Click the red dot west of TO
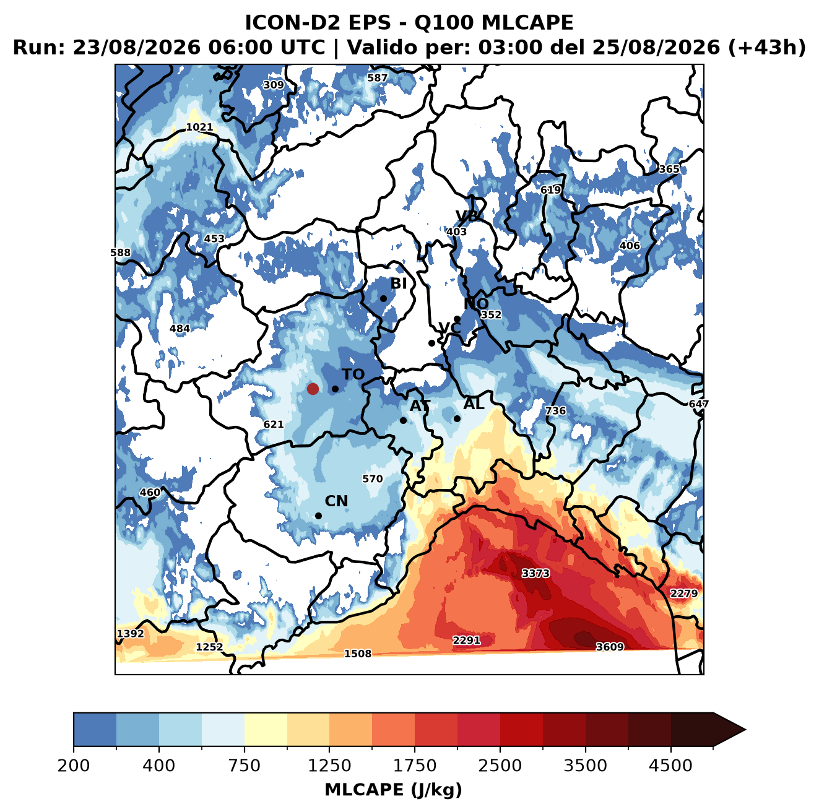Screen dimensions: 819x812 pyautogui.click(x=313, y=389)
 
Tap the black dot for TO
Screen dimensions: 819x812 pyautogui.click(x=335, y=389)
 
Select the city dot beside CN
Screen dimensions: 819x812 pyautogui.click(x=318, y=516)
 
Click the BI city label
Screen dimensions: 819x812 pyautogui.click(x=399, y=283)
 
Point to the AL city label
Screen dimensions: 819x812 pyautogui.click(x=474, y=404)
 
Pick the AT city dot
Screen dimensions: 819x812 pyautogui.click(x=403, y=420)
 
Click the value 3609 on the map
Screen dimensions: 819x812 pyautogui.click(x=610, y=647)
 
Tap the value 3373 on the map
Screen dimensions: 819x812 pyautogui.click(x=535, y=574)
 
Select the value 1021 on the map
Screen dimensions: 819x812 pyautogui.click(x=200, y=127)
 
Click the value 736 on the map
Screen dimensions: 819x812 pyautogui.click(x=555, y=410)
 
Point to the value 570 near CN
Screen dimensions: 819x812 pyautogui.click(x=372, y=479)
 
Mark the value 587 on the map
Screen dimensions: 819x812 pyautogui.click(x=378, y=78)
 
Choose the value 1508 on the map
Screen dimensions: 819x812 pyautogui.click(x=357, y=654)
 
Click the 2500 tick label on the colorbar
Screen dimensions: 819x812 pyautogui.click(x=500, y=765)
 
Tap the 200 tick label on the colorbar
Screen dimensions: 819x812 pyautogui.click(x=74, y=765)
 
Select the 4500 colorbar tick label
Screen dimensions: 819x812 pyautogui.click(x=670, y=765)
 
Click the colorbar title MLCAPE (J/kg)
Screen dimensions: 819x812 pyautogui.click(x=393, y=790)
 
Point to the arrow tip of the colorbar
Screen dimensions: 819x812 pyautogui.click(x=746, y=730)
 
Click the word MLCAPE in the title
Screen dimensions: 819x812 pyautogui.click(x=527, y=22)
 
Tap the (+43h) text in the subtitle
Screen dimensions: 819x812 pyautogui.click(x=767, y=48)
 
